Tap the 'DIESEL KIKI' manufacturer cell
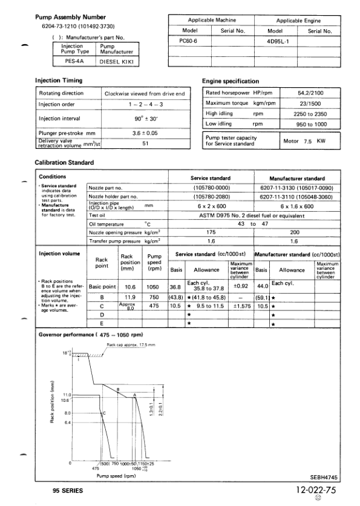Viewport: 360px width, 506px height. (x=118, y=61)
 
